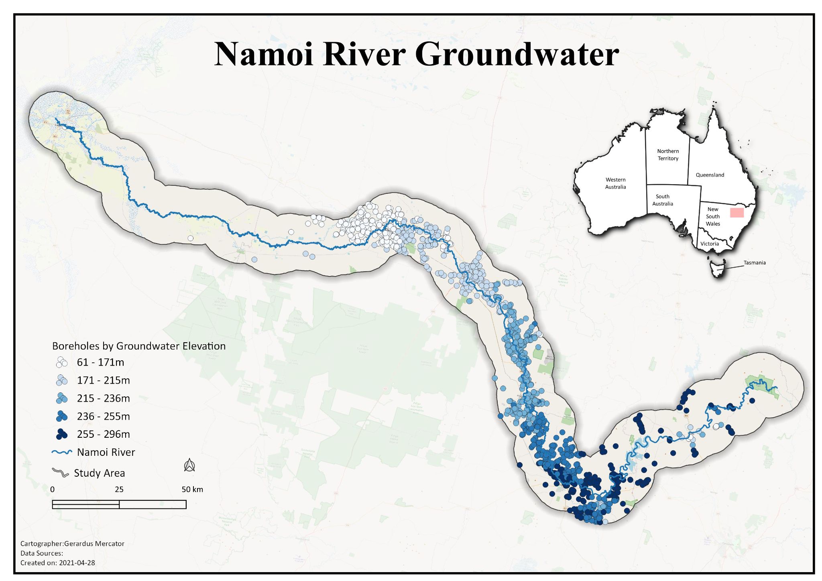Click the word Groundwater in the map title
(517, 55)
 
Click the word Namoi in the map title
(264, 54)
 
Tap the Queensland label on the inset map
(710, 175)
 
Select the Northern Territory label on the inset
(668, 155)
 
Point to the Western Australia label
(615, 183)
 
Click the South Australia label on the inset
(662, 200)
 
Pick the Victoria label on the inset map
(709, 244)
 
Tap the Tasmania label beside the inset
(754, 263)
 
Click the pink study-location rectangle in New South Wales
(737, 213)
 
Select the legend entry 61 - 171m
(100, 362)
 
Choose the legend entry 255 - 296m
(103, 434)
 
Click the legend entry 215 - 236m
(103, 398)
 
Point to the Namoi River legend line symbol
(62, 452)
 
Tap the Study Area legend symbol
(61, 473)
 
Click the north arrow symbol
(189, 465)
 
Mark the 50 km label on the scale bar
(192, 490)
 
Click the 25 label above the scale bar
(119, 490)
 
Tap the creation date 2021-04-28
(77, 563)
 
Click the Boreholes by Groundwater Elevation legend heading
(139, 346)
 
